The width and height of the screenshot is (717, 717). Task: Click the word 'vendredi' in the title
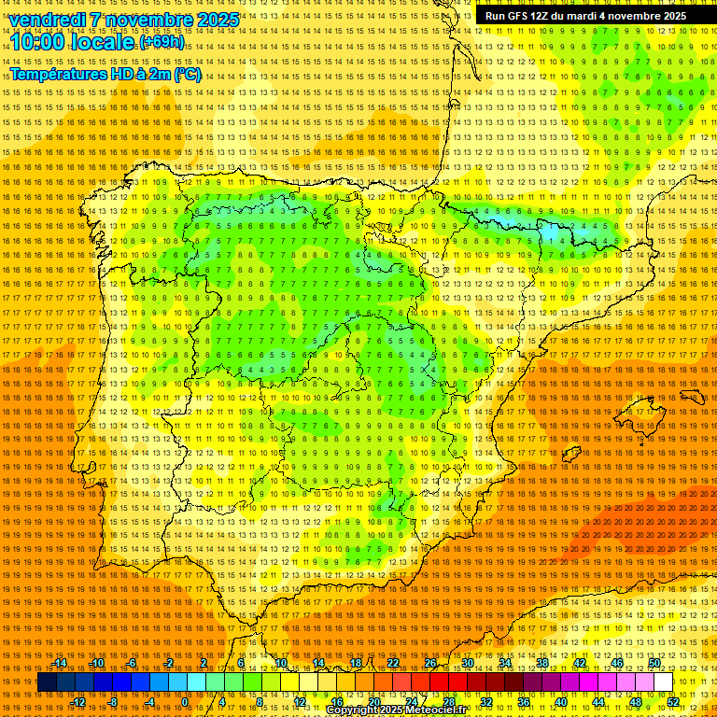[45, 20]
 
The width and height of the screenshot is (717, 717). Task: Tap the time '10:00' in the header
[37, 42]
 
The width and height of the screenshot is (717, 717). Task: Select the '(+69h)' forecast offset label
[162, 42]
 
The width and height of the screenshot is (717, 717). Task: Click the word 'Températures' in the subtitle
[60, 74]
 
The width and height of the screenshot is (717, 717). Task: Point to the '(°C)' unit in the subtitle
[187, 74]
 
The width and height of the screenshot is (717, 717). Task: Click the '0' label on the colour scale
[184, 701]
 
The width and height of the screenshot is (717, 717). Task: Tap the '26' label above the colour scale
[430, 663]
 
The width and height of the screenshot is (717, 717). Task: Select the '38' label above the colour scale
[542, 663]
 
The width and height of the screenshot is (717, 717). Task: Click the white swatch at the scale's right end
[663, 682]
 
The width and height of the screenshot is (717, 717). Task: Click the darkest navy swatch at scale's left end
[47, 682]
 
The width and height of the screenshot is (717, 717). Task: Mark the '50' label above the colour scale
[654, 663]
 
